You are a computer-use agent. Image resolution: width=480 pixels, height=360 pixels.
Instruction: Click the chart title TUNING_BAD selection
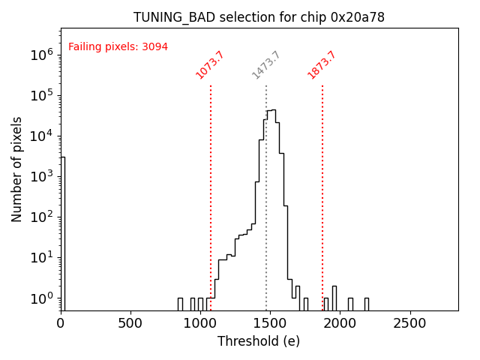[259, 17]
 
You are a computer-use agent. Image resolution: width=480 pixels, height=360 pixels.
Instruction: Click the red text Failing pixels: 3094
[118, 47]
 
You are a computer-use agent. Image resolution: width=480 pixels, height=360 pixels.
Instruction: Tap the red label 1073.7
[210, 65]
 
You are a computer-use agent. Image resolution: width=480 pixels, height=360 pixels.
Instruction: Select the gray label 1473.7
[266, 65]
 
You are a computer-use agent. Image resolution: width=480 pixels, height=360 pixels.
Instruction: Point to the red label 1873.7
[322, 65]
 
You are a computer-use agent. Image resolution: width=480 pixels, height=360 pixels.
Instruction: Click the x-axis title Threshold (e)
[259, 341]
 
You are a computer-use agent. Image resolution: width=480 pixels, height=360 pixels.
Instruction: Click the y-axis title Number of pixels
[17, 169]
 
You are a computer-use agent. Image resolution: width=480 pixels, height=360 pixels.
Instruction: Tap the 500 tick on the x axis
[130, 323]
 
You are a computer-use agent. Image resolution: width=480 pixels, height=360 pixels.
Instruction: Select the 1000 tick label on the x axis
[200, 323]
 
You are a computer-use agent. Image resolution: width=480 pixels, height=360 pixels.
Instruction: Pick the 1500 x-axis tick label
[270, 323]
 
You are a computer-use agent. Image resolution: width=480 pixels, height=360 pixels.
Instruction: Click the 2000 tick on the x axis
[340, 323]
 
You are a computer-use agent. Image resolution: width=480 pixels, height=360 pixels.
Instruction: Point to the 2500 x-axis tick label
[409, 323]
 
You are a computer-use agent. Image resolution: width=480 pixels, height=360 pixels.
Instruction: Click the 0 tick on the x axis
[61, 323]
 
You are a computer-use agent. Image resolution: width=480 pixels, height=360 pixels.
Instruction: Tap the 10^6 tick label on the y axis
[40, 55]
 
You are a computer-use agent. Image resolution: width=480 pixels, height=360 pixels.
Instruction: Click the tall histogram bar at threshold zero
[63, 232]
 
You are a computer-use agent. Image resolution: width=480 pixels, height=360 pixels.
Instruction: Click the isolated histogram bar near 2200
[366, 304]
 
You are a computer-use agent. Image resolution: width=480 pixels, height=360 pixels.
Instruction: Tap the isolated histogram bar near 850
[180, 304]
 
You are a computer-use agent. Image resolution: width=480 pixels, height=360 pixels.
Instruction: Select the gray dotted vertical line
[266, 195]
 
